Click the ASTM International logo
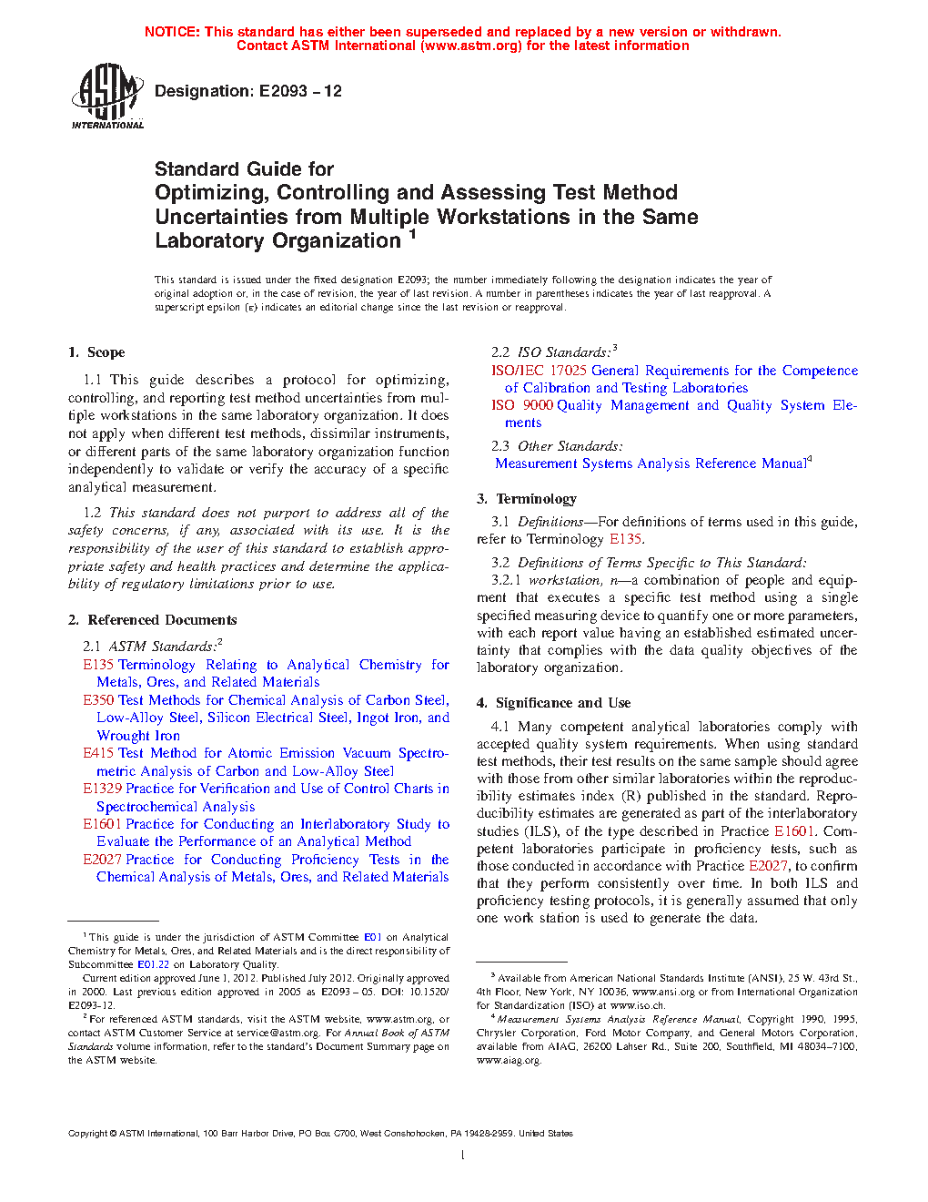click(x=106, y=96)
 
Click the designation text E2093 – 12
click(x=300, y=91)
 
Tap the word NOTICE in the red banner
click(x=172, y=32)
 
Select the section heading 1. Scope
click(x=96, y=352)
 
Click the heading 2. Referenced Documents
click(x=153, y=620)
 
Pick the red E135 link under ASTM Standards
click(x=98, y=665)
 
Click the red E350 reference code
click(x=98, y=700)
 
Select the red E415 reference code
click(x=98, y=753)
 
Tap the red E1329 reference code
click(x=102, y=789)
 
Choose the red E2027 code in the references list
click(x=102, y=860)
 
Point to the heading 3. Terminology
click(x=527, y=499)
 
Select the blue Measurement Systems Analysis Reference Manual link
click(x=651, y=463)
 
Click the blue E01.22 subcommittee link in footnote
click(x=153, y=964)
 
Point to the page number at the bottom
click(x=463, y=1156)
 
